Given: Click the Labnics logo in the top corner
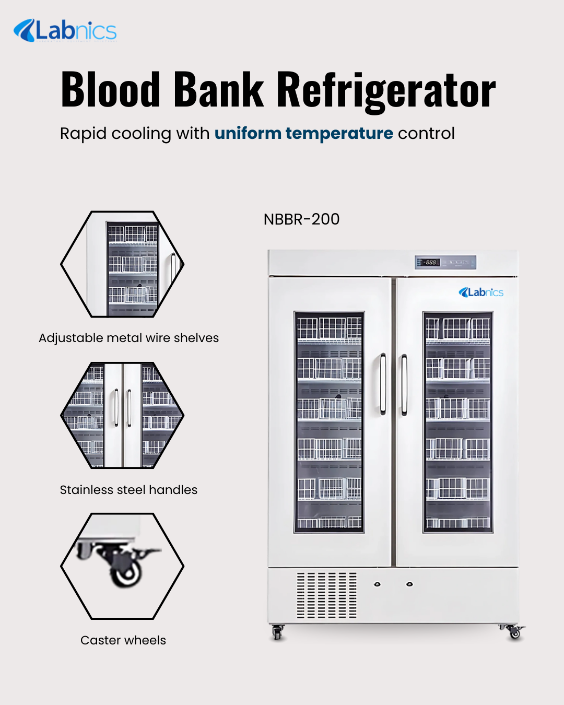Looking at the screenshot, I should tap(65, 30).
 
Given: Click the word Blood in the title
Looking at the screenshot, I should tap(110, 90).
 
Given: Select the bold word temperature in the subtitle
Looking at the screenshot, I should tap(339, 134).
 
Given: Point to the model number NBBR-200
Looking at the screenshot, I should tap(301, 219).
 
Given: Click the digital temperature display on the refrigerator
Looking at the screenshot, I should tap(430, 262).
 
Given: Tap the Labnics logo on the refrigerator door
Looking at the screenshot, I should tap(481, 292).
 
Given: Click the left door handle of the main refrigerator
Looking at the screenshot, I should tap(383, 384).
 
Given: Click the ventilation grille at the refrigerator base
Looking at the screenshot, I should tap(327, 595).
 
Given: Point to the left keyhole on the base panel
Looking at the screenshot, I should tap(377, 584).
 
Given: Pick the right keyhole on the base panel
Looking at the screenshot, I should tap(409, 584).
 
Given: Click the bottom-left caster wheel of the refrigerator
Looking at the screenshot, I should tap(277, 633).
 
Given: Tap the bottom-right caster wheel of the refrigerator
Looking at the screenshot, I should tap(514, 633).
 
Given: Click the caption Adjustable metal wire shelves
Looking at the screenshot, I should tap(128, 338).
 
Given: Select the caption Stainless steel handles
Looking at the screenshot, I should tap(128, 490).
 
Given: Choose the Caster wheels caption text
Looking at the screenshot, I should tap(123, 640).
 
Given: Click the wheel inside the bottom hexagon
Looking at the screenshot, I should tap(126, 573).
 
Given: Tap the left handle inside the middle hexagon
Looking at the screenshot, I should tap(116, 408).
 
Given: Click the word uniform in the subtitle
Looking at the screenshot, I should tap(248, 134).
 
